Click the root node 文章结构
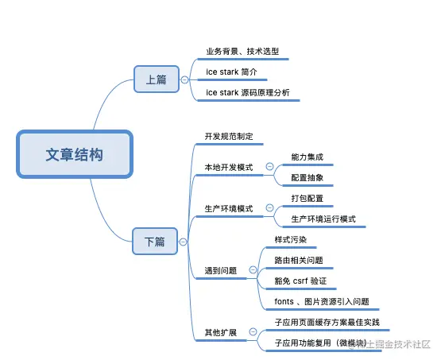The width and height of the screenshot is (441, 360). pos(74,154)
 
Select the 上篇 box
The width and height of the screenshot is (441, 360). pos(155,79)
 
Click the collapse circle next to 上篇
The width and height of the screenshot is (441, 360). pos(184,79)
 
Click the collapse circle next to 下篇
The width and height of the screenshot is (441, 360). pos(184,241)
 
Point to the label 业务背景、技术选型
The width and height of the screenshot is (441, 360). pos(242,52)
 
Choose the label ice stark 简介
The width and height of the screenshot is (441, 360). pos(231,72)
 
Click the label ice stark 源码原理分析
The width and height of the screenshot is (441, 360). pos(247,93)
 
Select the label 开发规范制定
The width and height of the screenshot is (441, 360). pos(228,137)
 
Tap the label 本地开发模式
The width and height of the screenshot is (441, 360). pos(228,167)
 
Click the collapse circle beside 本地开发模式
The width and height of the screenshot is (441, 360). pos(269,167)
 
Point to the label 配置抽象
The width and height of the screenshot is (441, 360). pos(308,178)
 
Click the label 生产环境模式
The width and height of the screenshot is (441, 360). pos(228,208)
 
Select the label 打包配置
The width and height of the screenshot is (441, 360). pos(308,198)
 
